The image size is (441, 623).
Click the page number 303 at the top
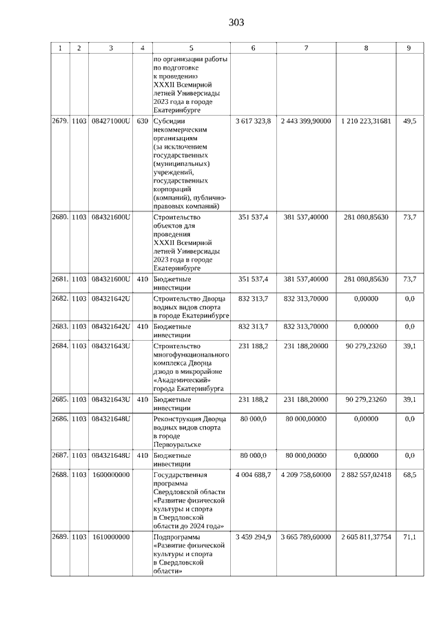point(236,23)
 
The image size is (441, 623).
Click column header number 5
point(191,48)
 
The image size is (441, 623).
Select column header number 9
point(409,48)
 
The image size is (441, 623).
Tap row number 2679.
point(60,121)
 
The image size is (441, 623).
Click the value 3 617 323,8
point(253,121)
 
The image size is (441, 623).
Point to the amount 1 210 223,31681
point(365,121)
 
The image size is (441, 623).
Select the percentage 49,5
point(409,121)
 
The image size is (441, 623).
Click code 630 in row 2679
point(142,121)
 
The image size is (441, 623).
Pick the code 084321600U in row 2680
point(111,218)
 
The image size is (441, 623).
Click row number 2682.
point(60,299)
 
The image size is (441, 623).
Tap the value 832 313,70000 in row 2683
point(306,326)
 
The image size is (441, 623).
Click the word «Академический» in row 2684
point(182,379)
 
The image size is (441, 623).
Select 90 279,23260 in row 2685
point(365,399)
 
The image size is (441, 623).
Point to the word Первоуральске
point(177,445)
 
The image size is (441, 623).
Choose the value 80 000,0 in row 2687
point(253,456)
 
